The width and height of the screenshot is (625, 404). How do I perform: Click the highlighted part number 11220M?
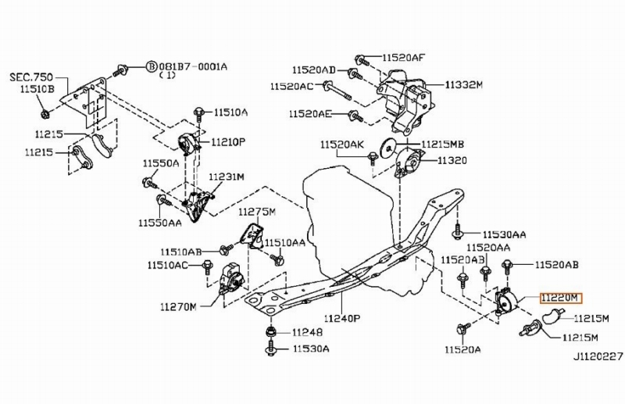point(561,298)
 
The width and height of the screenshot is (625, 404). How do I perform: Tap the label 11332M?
point(464,84)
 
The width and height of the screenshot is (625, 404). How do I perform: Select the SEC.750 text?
point(31,77)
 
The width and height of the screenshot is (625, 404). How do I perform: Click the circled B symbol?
point(151,66)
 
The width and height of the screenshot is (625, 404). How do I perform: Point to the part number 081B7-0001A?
point(193,66)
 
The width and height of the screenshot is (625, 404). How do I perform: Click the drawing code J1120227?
point(598,356)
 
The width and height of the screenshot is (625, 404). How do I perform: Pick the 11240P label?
point(342,318)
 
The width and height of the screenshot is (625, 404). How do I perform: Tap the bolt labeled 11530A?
point(270,349)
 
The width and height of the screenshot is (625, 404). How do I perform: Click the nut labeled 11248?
point(270,331)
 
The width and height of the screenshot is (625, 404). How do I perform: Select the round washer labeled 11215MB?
point(387,147)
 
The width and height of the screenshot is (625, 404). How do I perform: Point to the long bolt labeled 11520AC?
point(337,90)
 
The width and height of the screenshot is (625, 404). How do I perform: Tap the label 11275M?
point(257,212)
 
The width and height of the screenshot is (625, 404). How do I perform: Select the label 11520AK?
point(342,145)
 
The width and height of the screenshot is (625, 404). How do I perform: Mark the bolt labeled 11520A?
point(463,328)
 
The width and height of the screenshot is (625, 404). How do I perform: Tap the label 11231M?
point(227,177)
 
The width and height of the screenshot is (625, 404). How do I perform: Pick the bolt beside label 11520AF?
point(362,60)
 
